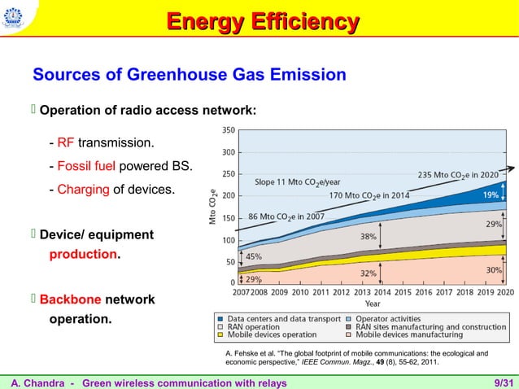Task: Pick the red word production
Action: tap(83, 255)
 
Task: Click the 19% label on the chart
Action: tap(491, 195)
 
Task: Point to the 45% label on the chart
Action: tap(253, 256)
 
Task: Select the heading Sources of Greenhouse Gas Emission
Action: tap(189, 76)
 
